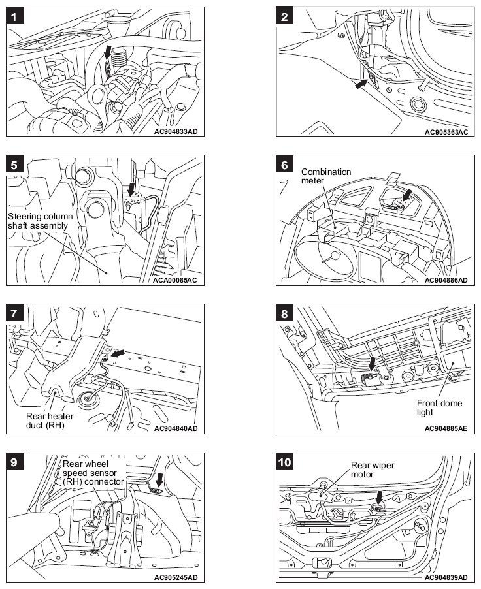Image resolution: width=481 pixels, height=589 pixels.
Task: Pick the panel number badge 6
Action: point(285,165)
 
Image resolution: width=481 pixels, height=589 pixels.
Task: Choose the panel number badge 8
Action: point(285,313)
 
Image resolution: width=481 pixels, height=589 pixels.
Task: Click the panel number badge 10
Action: point(287,462)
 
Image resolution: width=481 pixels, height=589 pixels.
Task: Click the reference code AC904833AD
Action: point(176,131)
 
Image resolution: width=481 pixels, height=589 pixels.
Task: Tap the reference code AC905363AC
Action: point(446,131)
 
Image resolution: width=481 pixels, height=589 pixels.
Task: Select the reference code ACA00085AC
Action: point(176,280)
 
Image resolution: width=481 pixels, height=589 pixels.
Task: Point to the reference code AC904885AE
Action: point(446,428)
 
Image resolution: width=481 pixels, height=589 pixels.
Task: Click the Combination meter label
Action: point(326,176)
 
